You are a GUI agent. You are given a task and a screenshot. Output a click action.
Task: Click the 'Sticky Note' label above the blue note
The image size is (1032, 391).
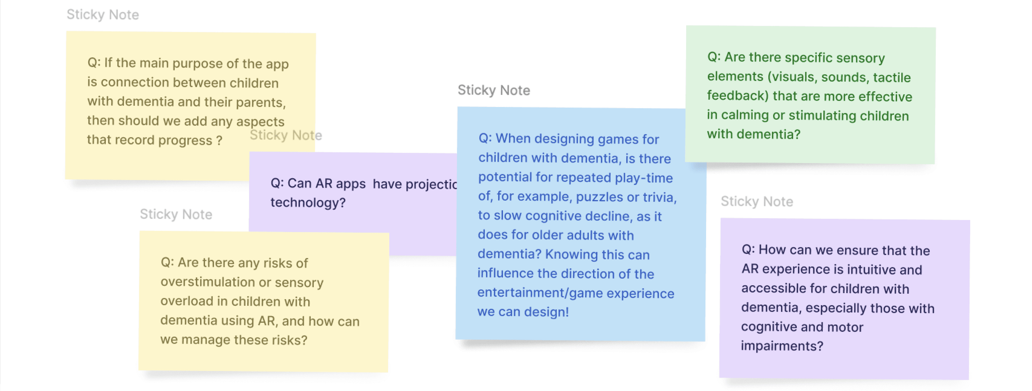(x=494, y=90)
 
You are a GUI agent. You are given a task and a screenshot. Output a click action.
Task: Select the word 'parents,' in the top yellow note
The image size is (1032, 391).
(x=260, y=102)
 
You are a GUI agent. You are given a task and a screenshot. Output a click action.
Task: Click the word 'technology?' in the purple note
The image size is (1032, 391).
(x=308, y=202)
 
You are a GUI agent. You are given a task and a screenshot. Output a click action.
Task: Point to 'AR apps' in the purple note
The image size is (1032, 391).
(x=340, y=183)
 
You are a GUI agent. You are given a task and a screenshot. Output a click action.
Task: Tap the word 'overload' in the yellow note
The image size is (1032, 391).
(x=186, y=301)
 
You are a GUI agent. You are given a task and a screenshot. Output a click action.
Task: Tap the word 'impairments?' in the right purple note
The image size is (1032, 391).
(x=782, y=346)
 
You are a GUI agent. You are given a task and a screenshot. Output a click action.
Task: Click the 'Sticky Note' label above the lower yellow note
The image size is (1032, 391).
(x=176, y=214)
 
